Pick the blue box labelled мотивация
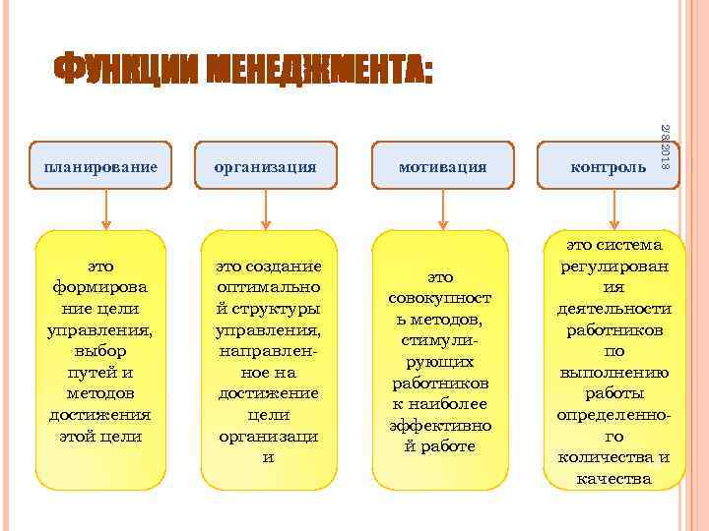[x=443, y=167]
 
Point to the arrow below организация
[x=264, y=208]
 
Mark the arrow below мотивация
[x=443, y=208]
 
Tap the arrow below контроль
[x=614, y=208]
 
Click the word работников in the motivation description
[x=443, y=382]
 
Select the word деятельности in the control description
[x=614, y=307]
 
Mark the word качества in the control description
[x=614, y=479]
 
